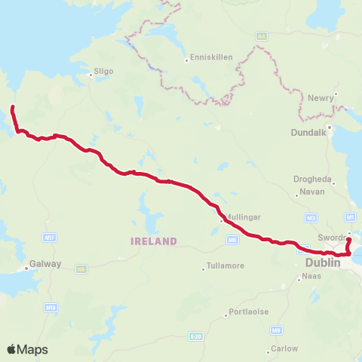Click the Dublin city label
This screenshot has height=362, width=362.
click(x=324, y=262)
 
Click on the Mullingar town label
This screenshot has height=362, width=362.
click(x=242, y=216)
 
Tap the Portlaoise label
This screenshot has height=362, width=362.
click(x=250, y=311)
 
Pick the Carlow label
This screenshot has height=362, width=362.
click(x=286, y=348)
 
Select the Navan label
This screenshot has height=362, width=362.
click(x=311, y=192)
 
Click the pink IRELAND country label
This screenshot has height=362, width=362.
click(x=153, y=241)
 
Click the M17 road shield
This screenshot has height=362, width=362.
click(x=50, y=238)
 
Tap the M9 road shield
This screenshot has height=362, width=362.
click(x=277, y=330)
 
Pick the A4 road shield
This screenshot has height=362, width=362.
click(x=262, y=35)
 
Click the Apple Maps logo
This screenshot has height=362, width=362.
click(x=27, y=349)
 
